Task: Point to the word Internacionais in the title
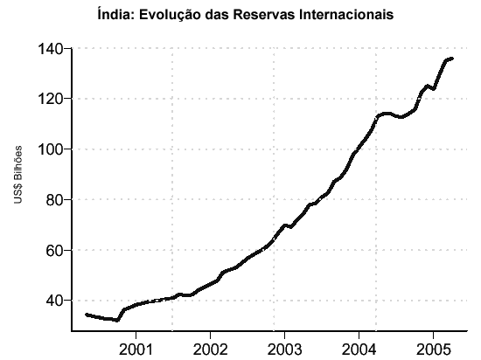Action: (x=346, y=14)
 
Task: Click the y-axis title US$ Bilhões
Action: (x=18, y=175)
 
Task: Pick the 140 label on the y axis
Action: (x=50, y=48)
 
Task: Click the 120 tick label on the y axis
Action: (x=50, y=99)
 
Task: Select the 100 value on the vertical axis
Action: (x=50, y=149)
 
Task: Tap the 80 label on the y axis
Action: (x=54, y=200)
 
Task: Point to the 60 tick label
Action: (x=54, y=250)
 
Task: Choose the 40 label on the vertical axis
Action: (x=54, y=301)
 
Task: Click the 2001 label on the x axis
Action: (x=136, y=349)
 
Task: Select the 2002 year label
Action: (x=210, y=349)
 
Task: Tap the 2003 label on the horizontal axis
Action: (x=284, y=349)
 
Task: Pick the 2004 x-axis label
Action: (x=359, y=349)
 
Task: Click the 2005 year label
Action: (x=433, y=349)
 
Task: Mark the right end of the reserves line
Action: (x=452, y=59)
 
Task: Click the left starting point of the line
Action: (x=87, y=315)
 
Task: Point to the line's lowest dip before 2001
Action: (x=117, y=321)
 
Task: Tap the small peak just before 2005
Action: (x=427, y=87)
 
